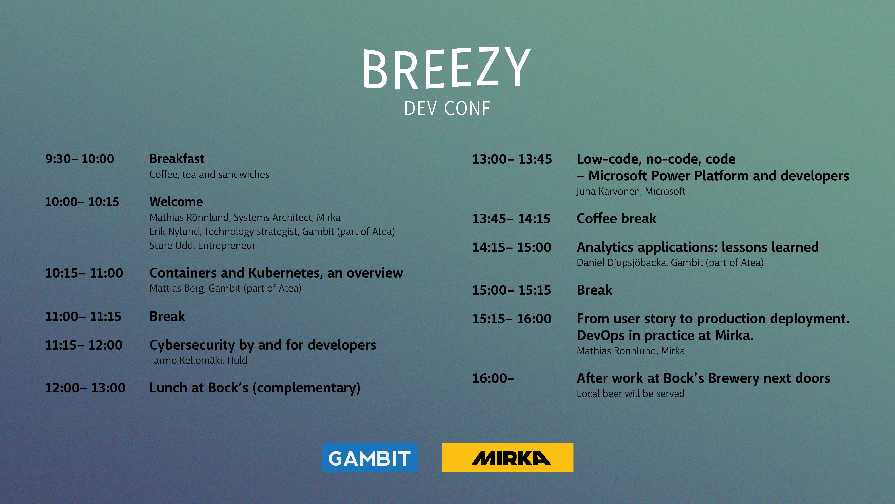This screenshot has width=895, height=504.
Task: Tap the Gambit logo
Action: pyautogui.click(x=370, y=458)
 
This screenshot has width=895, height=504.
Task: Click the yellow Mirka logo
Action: pyautogui.click(x=508, y=458)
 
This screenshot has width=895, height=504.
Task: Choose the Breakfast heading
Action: pyautogui.click(x=177, y=159)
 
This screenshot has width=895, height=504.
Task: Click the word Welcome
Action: pyautogui.click(x=176, y=202)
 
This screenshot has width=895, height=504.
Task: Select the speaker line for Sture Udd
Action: pyautogui.click(x=202, y=246)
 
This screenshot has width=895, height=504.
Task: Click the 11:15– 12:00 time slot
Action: pyautogui.click(x=84, y=345)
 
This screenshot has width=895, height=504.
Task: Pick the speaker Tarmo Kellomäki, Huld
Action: pyautogui.click(x=198, y=360)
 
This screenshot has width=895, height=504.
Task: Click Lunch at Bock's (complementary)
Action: pyautogui.click(x=255, y=388)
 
